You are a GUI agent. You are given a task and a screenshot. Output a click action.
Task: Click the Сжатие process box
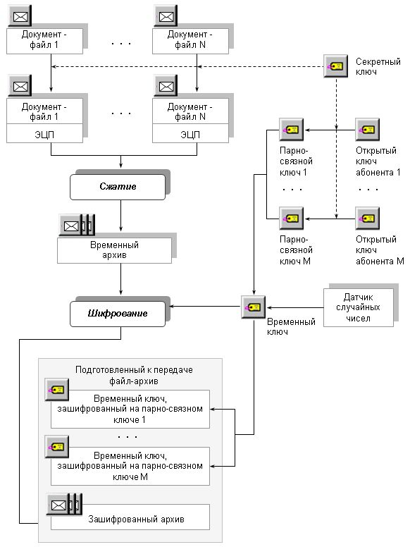click(118, 187)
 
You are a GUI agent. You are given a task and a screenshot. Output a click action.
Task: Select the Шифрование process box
click(118, 314)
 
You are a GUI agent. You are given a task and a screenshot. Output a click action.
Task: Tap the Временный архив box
click(114, 250)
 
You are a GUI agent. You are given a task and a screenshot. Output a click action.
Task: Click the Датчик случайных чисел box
click(359, 307)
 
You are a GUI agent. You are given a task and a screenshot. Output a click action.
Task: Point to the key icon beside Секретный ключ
click(336, 66)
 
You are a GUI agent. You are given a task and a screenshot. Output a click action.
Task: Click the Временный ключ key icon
click(253, 307)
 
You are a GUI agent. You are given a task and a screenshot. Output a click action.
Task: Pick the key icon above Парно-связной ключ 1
click(292, 130)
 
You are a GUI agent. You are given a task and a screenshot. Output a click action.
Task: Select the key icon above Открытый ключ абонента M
click(368, 219)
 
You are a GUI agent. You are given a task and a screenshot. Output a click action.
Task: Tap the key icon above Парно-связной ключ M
click(292, 219)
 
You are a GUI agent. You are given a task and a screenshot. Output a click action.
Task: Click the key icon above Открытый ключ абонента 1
click(368, 130)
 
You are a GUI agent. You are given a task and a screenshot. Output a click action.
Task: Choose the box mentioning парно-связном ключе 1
click(130, 410)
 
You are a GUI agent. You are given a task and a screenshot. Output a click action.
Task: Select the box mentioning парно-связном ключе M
click(130, 466)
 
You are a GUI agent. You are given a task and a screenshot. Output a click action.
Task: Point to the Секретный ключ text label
click(378, 67)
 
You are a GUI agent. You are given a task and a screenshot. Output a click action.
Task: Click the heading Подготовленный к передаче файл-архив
click(134, 376)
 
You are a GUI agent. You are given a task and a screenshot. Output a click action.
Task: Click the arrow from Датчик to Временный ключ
click(295, 307)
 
